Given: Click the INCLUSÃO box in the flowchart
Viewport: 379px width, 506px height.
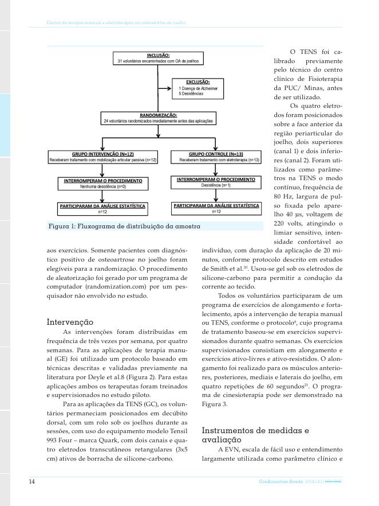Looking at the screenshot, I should coord(158,57).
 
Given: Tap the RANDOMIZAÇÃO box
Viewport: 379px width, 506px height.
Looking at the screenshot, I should coord(158,118).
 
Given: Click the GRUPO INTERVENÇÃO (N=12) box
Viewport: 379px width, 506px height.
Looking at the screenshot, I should coord(102,157).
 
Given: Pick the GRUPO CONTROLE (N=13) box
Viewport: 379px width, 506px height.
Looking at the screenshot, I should coord(215,157).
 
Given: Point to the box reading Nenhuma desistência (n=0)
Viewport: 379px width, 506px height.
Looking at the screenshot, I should coord(102,184).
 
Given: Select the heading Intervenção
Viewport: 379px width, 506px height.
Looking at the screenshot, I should coord(70,322).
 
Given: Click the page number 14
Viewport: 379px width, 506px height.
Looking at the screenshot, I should coord(32,482).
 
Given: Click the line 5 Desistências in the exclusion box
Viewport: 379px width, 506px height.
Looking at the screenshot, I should coord(191,94).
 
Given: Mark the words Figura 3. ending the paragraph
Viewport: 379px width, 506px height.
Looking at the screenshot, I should coord(215,404).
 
